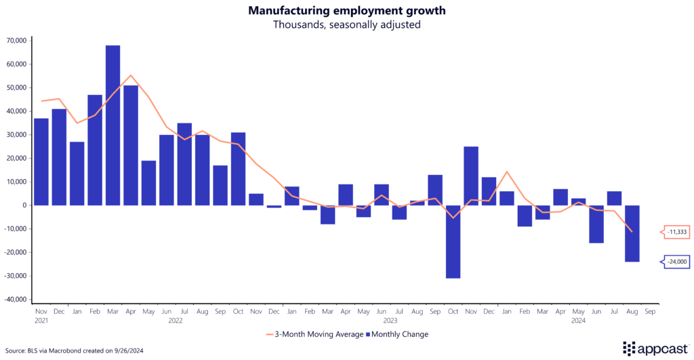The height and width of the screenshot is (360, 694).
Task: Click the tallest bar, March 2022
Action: coord(113,125)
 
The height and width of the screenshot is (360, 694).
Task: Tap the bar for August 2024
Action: coord(632,233)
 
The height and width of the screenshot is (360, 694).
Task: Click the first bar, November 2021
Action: coord(41,161)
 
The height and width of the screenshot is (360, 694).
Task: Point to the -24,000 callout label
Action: coord(676,262)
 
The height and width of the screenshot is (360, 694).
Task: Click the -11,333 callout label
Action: coord(676,232)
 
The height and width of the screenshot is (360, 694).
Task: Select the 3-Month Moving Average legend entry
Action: coord(309,334)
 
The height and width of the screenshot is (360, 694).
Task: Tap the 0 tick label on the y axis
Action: coord(23,205)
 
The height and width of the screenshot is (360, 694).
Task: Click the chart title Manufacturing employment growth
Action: coord(346,10)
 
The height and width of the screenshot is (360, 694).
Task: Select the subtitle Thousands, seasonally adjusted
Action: coord(346,24)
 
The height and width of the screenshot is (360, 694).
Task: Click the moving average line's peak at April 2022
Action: coord(130,75)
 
